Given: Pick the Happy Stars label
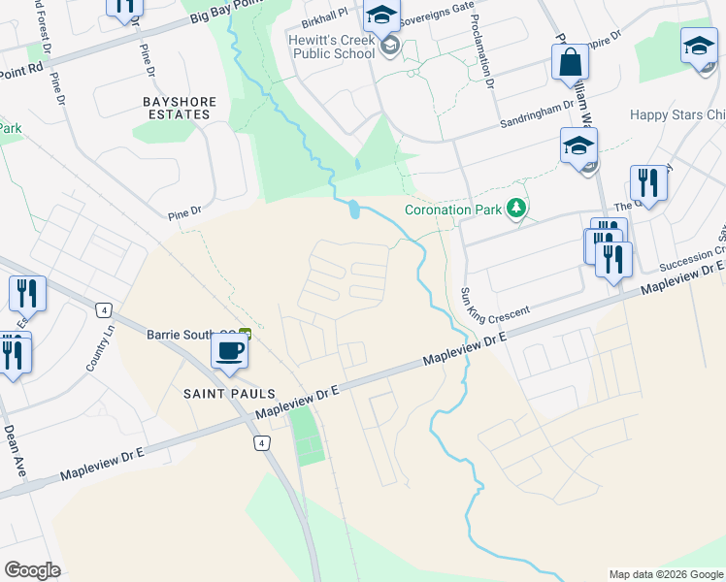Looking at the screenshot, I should tap(677, 114).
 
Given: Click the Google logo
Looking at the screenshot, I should tap(32, 570).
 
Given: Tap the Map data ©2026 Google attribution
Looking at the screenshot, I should tap(665, 574).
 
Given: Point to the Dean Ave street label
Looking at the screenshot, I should tap(14, 450).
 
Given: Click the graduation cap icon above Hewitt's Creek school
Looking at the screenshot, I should tap(382, 16).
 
